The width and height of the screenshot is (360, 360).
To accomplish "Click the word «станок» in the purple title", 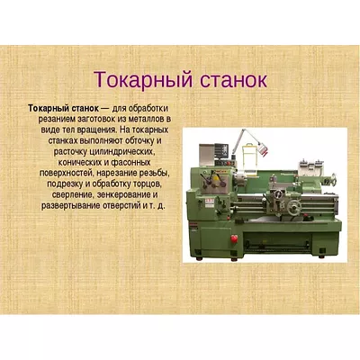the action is coord(233,79).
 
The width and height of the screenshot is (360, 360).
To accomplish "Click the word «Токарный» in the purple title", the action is coord(143,80).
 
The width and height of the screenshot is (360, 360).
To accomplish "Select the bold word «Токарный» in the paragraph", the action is coord(49,108).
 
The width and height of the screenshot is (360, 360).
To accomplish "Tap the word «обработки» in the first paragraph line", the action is coord(149,108).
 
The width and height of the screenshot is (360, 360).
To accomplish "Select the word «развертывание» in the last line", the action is coord(71,206).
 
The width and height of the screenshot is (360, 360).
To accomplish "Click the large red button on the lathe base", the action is coord(234,238).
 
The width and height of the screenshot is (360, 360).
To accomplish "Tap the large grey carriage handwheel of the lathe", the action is coord(293,207).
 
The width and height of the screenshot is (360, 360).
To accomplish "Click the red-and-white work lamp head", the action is coord(263,149).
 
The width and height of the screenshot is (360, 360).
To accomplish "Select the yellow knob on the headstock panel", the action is coord(216,177).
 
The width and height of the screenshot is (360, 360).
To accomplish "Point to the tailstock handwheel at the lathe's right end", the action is coord(333,180).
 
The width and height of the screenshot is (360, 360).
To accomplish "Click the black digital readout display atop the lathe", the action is coord(221,150).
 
